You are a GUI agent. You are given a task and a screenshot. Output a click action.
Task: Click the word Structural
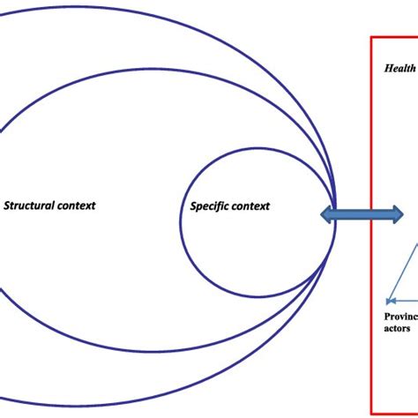(32, 205)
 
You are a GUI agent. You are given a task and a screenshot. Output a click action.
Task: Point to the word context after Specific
(251, 207)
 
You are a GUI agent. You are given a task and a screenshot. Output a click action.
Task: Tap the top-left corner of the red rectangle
(371, 37)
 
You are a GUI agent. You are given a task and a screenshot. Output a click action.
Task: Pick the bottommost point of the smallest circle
(258, 296)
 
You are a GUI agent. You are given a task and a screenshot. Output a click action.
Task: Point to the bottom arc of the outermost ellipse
(176, 406)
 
